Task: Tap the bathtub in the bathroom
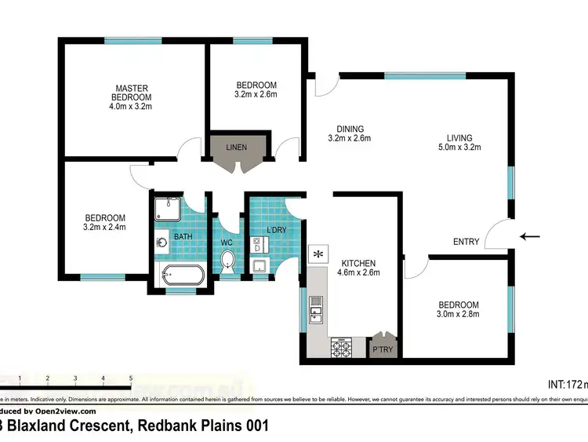tap(182, 276)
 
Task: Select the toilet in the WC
tap(228, 261)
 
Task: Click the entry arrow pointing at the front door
tap(531, 236)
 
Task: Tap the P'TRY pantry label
tap(382, 349)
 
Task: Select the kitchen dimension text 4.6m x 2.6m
tap(358, 273)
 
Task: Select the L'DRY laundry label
tap(276, 228)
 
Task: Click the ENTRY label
tap(466, 242)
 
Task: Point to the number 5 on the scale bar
tap(130, 378)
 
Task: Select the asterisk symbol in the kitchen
tap(318, 253)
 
